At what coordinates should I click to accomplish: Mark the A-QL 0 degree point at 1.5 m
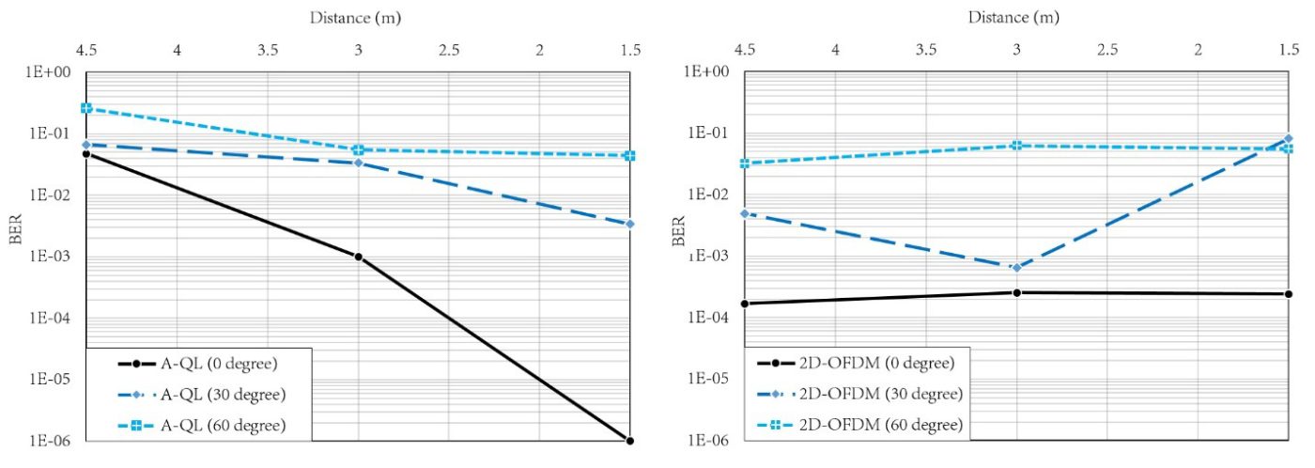[x=629, y=440]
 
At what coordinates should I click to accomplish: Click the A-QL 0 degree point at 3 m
[x=358, y=257]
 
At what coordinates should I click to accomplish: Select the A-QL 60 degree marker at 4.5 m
[x=86, y=108]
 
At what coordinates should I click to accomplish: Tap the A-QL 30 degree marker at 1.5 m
[x=629, y=224]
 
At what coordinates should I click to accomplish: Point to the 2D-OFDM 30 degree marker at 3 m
[x=1016, y=268]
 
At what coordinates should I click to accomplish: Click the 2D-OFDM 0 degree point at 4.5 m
[x=744, y=304]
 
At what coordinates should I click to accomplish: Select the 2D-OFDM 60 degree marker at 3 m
[x=1016, y=146]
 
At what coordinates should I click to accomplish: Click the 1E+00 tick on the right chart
[x=706, y=72]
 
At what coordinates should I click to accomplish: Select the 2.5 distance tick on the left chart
[x=448, y=49]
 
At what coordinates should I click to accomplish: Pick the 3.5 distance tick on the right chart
[x=925, y=49]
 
